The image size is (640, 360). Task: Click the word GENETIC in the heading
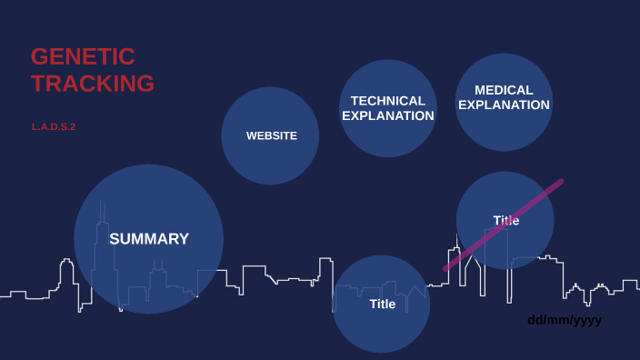pyautogui.click(x=83, y=56)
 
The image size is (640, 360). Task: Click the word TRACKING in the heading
pyautogui.click(x=93, y=84)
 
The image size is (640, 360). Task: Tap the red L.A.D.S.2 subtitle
pyautogui.click(x=54, y=126)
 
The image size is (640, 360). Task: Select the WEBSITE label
pyautogui.click(x=272, y=135)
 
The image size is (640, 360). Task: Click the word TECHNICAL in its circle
pyautogui.click(x=388, y=101)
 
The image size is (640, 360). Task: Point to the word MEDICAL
pyautogui.click(x=504, y=90)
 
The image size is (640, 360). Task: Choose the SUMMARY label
pyautogui.click(x=149, y=239)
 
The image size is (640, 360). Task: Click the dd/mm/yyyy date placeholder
pyautogui.click(x=565, y=320)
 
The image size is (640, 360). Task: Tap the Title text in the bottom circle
pyautogui.click(x=383, y=304)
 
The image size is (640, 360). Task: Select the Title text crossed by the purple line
pyautogui.click(x=506, y=220)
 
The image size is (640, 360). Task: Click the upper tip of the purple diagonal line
pyautogui.click(x=561, y=181)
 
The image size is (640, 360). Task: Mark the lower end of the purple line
pyautogui.click(x=445, y=269)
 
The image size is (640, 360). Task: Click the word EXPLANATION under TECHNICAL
pyautogui.click(x=388, y=115)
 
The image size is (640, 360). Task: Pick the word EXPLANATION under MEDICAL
pyautogui.click(x=504, y=105)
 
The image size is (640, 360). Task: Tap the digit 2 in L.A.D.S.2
pyautogui.click(x=72, y=126)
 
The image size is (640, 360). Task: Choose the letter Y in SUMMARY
pyautogui.click(x=183, y=239)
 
